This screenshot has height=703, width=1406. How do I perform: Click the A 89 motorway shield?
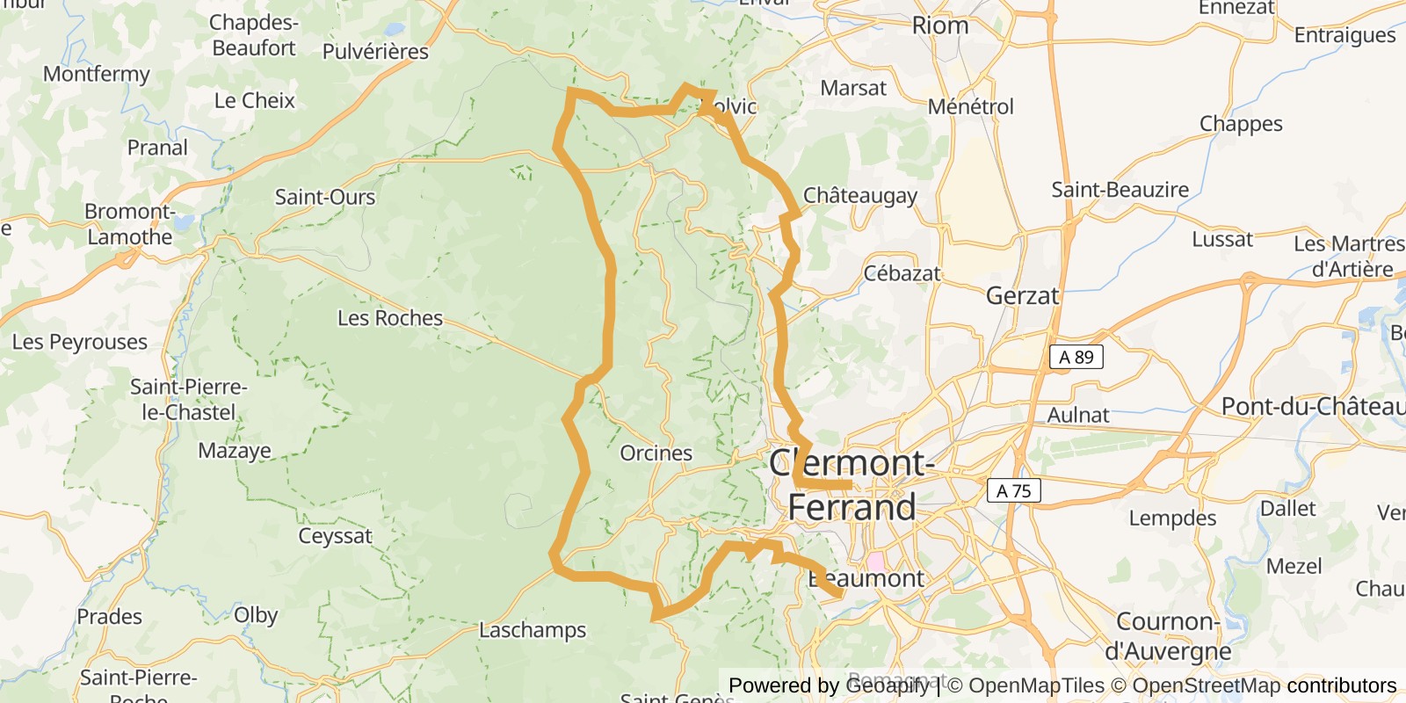(1076, 357)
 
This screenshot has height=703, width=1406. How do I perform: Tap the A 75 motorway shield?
(1013, 491)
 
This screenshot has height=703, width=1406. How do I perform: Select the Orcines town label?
(656, 453)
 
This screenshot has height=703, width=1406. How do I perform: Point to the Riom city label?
(939, 25)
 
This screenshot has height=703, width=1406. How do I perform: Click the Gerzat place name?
(1022, 295)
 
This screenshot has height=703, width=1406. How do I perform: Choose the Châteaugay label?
(859, 195)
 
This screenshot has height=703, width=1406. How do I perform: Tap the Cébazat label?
(902, 273)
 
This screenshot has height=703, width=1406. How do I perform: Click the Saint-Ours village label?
(324, 197)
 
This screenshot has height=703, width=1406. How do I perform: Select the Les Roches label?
(390, 318)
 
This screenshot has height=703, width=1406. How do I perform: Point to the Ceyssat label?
(335, 536)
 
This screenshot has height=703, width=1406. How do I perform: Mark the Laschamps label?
(532, 630)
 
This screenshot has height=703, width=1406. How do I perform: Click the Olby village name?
(256, 615)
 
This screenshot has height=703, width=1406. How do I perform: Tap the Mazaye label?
(234, 451)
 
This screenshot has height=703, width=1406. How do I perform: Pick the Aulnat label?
(1077, 415)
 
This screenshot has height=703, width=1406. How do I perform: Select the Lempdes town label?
(1172, 518)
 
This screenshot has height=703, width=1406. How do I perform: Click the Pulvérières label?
(375, 52)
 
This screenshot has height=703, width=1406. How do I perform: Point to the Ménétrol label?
(970, 107)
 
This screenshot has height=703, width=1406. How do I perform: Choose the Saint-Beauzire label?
(1120, 189)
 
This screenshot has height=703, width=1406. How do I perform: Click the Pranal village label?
(157, 148)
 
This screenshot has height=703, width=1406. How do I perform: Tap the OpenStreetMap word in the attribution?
(1206, 685)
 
